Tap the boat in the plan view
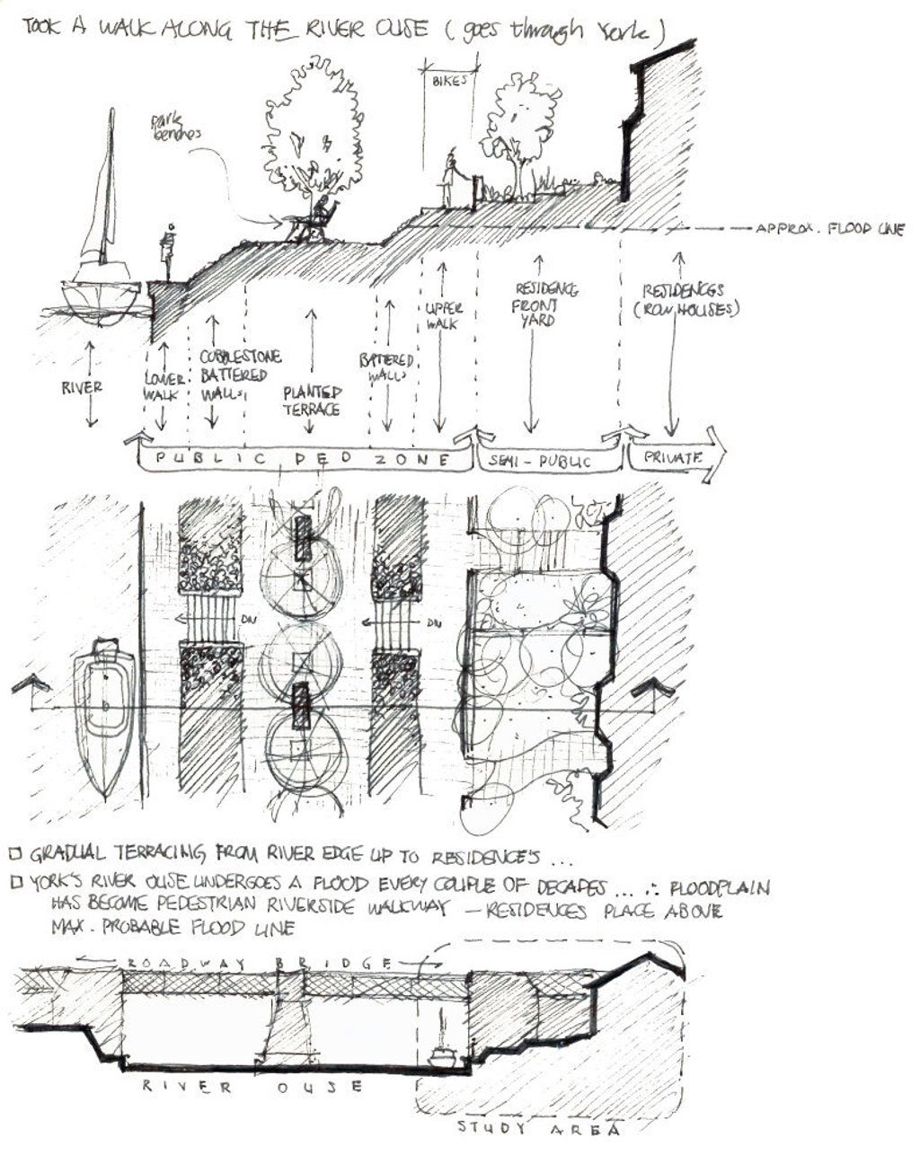click(104, 714)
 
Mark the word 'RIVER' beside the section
click(82, 388)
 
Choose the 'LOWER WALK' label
click(164, 386)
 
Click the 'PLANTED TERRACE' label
click(313, 401)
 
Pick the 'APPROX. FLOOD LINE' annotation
click(828, 230)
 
